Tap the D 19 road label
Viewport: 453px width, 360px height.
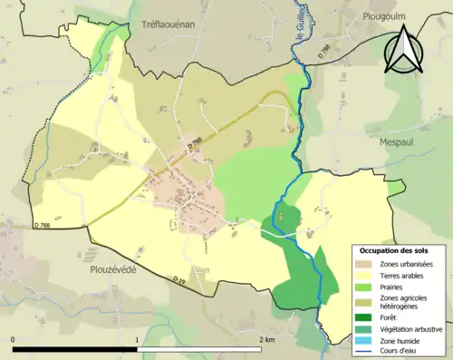coord(180,281)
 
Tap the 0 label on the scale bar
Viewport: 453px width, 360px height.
coord(14,340)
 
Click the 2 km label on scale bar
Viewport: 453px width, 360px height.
coord(267,340)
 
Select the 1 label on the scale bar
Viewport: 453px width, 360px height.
coord(138,340)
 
